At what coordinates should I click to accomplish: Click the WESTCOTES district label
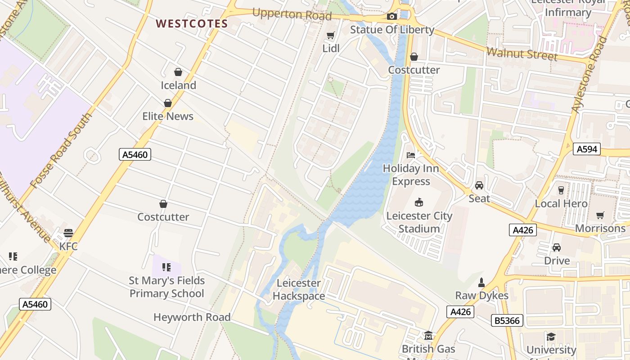pos(192,24)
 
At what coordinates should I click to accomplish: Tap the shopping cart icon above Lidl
pos(331,35)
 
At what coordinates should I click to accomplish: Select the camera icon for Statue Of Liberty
pos(392,17)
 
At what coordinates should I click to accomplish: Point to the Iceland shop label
pos(179,85)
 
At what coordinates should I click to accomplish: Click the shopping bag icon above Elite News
pos(168,103)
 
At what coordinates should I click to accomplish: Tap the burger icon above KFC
pos(68,233)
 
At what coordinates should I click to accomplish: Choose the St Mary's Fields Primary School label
pos(167,287)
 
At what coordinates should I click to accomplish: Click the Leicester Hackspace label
pos(299,289)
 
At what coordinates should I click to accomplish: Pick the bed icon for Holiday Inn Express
pos(411,155)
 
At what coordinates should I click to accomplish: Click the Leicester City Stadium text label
pos(419,222)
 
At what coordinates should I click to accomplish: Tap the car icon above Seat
pos(479,185)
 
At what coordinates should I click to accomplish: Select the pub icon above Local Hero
pos(561,190)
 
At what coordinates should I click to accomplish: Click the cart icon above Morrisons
pos(600,215)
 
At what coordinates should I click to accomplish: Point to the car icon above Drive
pos(557,247)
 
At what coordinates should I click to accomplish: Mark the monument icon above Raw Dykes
pos(481,283)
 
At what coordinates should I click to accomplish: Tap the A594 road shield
pos(587,149)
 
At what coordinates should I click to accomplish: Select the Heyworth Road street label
pos(192,317)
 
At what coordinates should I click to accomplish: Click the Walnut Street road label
pos(522,54)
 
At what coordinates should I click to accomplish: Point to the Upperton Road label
pos(292,14)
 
